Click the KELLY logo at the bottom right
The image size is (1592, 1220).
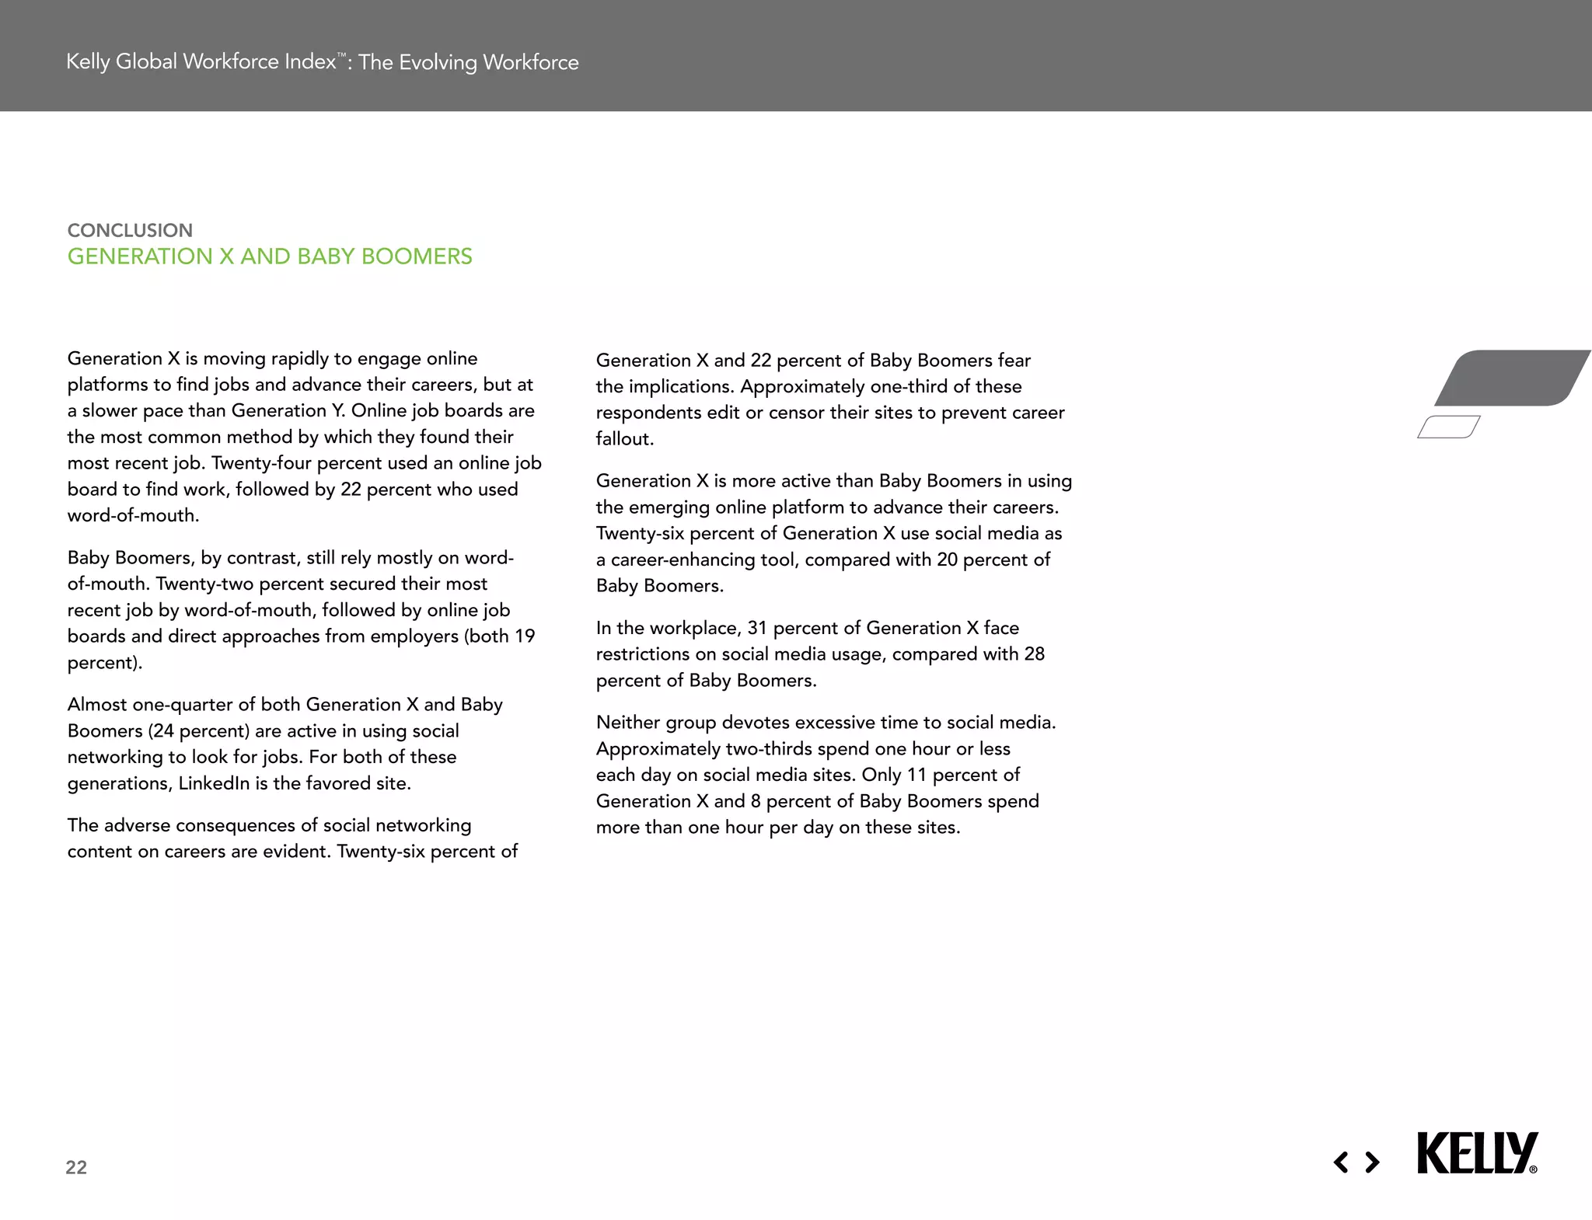pyautogui.click(x=1476, y=1153)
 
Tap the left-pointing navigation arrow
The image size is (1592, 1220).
pyautogui.click(x=1341, y=1162)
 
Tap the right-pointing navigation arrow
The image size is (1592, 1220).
pyautogui.click(x=1373, y=1162)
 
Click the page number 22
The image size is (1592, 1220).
pyautogui.click(x=76, y=1167)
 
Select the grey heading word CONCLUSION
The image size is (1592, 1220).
pyautogui.click(x=130, y=230)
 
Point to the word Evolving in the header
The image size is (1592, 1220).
pyautogui.click(x=438, y=62)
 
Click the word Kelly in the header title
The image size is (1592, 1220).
pyautogui.click(x=89, y=61)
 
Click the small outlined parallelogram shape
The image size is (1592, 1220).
pyautogui.click(x=1448, y=427)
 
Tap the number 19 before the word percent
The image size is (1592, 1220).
pyautogui.click(x=525, y=636)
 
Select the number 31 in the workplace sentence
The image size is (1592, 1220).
pyautogui.click(x=757, y=628)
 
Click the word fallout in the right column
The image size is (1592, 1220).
pyautogui.click(x=623, y=439)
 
